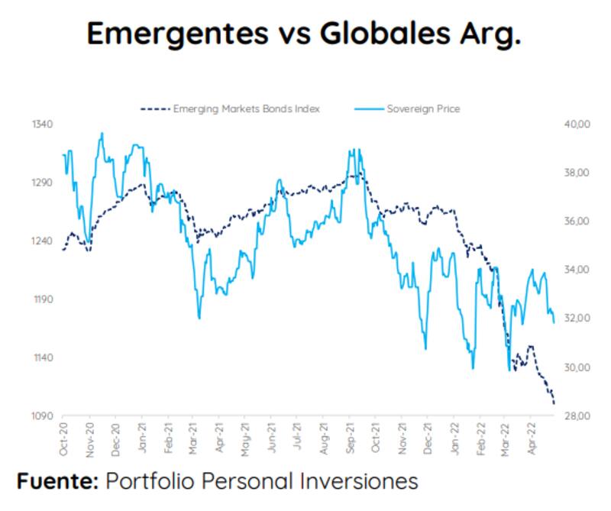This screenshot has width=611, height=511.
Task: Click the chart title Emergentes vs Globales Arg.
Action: click(x=304, y=34)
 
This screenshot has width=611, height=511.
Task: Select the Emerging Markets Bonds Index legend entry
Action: click(x=230, y=108)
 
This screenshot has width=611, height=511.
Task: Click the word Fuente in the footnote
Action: click(x=57, y=482)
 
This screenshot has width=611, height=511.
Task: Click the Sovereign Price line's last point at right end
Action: click(x=554, y=322)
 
